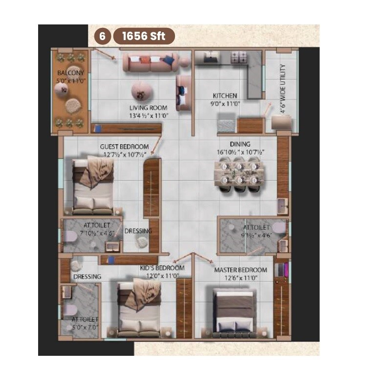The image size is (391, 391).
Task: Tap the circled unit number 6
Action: (x=102, y=36)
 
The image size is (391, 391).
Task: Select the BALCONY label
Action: (x=71, y=73)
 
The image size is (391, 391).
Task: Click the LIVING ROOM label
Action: (x=148, y=108)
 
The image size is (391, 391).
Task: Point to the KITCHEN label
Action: (x=225, y=96)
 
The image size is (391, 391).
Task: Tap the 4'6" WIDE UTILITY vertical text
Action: (x=283, y=89)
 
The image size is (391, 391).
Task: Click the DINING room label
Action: (x=240, y=144)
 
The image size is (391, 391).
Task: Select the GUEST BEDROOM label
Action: (x=124, y=147)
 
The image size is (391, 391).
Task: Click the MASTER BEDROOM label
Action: (x=240, y=270)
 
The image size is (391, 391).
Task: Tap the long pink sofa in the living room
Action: (x=149, y=62)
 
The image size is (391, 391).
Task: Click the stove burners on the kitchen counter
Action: (x=239, y=59)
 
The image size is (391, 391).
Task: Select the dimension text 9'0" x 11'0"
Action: (x=225, y=103)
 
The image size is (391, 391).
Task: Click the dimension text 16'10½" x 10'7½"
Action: (x=240, y=152)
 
